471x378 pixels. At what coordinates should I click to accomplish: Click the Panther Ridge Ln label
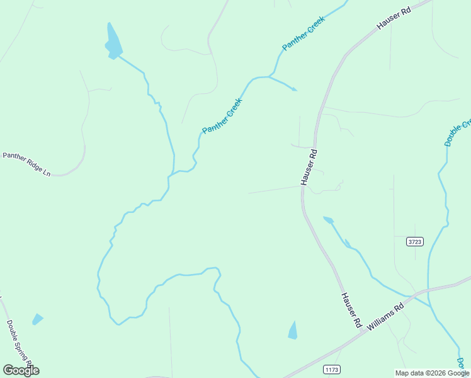(x=26, y=164)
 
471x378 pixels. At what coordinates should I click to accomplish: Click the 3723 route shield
(x=414, y=241)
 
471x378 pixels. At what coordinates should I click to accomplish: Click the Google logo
(x=21, y=370)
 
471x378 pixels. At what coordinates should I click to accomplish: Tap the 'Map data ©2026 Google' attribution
(x=432, y=373)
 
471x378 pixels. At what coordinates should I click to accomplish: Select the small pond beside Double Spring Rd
(x=38, y=319)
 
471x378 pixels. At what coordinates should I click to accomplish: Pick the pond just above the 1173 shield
(x=293, y=330)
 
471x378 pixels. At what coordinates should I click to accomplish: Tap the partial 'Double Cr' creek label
(x=458, y=133)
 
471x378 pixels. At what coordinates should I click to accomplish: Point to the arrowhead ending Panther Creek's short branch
(x=295, y=90)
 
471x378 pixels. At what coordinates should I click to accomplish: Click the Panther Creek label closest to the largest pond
(x=222, y=115)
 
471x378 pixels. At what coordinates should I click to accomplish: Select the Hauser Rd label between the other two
(x=308, y=166)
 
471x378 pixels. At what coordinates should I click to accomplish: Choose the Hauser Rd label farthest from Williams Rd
(x=394, y=19)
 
